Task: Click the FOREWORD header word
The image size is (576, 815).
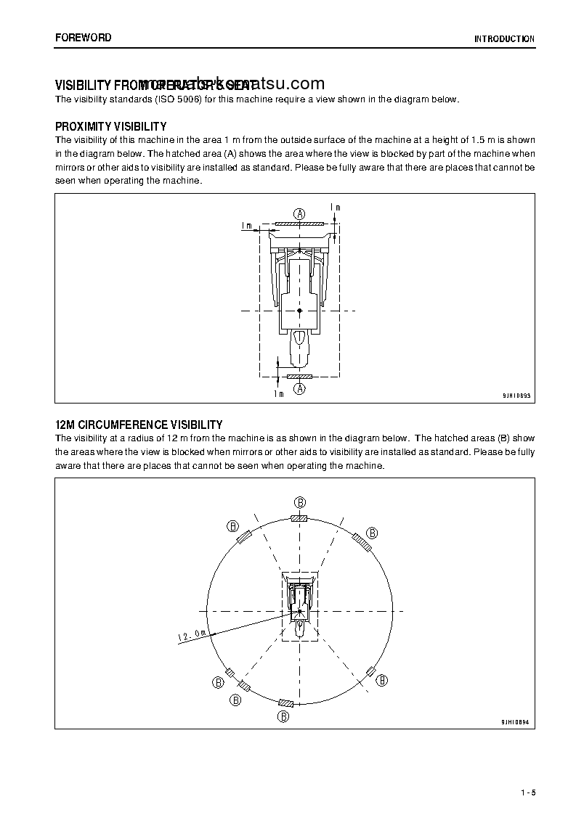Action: tap(83, 38)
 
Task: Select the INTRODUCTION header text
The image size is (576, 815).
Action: tap(504, 39)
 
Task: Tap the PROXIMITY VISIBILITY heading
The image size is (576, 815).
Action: tap(110, 127)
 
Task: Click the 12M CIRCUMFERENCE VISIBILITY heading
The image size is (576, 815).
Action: tap(139, 425)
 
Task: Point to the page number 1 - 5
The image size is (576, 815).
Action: tap(527, 793)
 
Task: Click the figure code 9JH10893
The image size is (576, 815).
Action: tap(516, 396)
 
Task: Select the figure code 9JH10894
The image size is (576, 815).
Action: tap(516, 722)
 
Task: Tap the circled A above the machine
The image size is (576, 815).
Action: tap(299, 213)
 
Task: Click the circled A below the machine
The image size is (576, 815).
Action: tap(299, 389)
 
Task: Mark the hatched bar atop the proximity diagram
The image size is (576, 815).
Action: tap(299, 224)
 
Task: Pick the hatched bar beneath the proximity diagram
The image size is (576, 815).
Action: tap(299, 377)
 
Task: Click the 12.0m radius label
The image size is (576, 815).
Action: tap(192, 636)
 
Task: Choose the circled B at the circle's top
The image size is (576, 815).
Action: tap(299, 502)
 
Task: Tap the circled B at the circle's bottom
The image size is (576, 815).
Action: tap(284, 716)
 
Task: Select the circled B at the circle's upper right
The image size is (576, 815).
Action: tap(371, 533)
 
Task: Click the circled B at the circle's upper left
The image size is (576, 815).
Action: tap(232, 526)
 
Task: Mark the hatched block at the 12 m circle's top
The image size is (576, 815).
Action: tap(299, 518)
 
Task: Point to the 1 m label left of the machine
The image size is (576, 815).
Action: tap(246, 226)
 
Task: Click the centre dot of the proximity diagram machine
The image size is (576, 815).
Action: tap(299, 311)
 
